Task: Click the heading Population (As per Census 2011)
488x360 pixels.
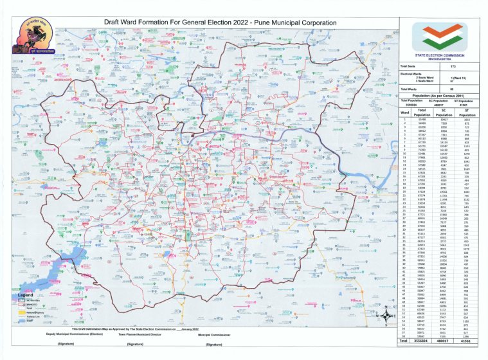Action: [439, 96]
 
